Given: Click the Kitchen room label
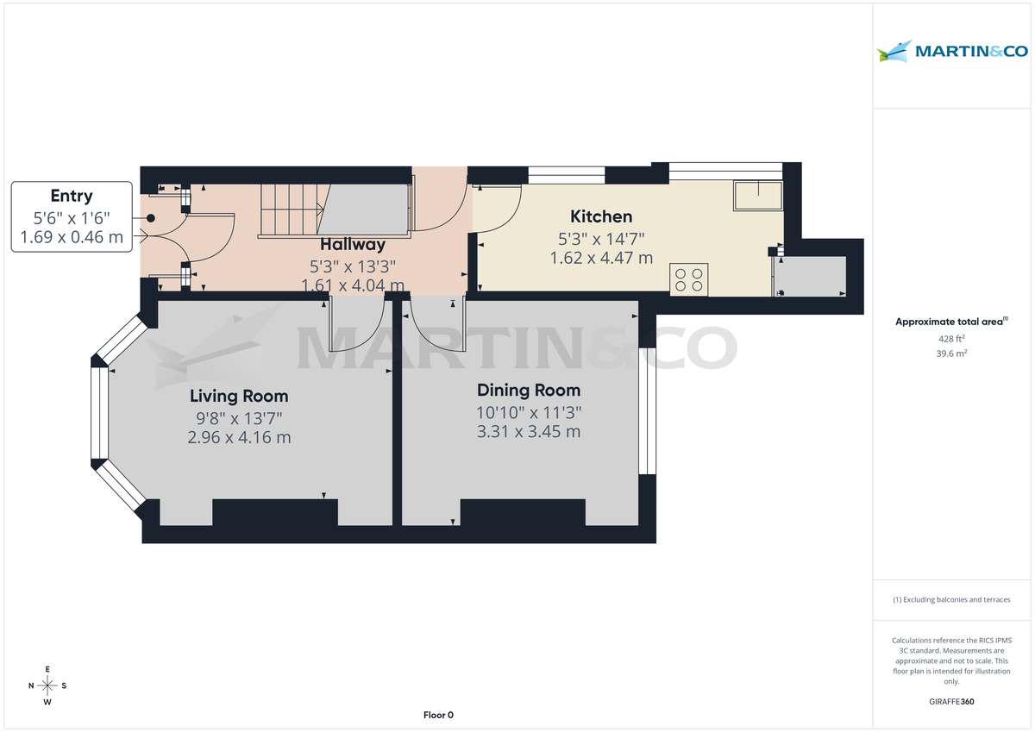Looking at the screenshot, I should point(601,216).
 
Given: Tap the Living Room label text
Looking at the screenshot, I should point(239,397).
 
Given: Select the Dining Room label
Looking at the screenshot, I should point(528,391).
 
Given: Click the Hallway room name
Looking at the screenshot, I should point(353,245).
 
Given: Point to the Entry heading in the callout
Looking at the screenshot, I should point(72,196).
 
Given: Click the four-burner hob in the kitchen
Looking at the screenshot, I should point(688,280).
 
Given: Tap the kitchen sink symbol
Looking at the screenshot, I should point(756,197).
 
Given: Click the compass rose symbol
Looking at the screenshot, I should point(47,686).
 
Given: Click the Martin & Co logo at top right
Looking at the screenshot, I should point(952,51).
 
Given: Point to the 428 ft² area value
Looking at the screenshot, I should point(951,339).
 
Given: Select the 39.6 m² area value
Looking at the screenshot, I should point(951,353).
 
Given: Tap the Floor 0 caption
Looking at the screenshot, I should point(438,715).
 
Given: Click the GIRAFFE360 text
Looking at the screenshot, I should point(951,702).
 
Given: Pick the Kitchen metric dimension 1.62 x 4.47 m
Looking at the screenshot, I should point(601,258).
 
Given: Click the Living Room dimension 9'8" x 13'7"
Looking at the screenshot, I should point(239,418).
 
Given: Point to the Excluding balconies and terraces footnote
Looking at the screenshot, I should point(951,599).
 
